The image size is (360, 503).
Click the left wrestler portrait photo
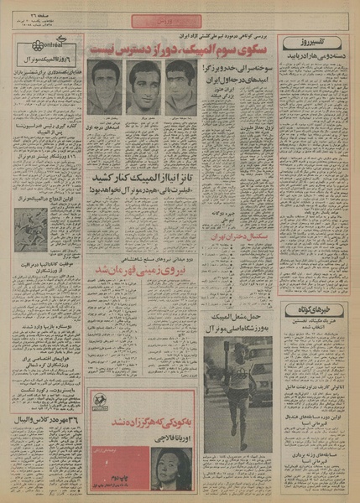pos(106,86)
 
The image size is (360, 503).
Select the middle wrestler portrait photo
pos(143,86)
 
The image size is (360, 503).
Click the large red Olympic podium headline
pos(184,49)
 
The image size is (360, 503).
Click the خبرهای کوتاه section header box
pos(314,309)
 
